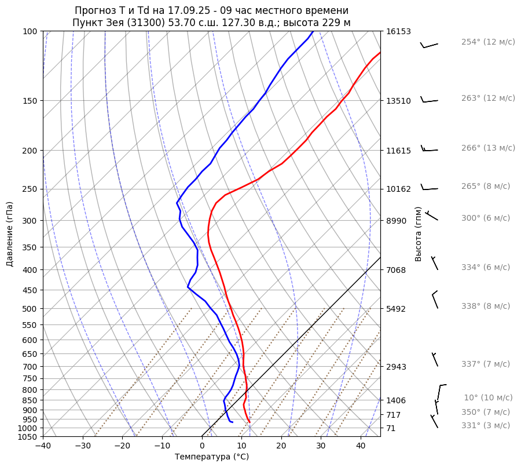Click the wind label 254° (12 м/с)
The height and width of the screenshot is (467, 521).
pos(488,42)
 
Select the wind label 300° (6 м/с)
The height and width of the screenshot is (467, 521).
pos(486,218)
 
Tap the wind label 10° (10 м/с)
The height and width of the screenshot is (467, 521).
pos(488,398)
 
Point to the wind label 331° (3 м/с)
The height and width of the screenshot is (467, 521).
pos(486,426)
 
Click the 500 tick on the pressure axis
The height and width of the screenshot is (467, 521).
pos(30,309)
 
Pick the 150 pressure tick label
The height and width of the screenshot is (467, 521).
pos(30,101)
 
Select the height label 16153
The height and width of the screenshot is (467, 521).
pos(398,32)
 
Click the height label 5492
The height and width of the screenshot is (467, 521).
pos(396,309)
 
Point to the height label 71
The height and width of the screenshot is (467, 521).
pos(391,428)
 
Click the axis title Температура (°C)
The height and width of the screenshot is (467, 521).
pos(212,457)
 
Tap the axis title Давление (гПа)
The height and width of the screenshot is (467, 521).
pos(10,234)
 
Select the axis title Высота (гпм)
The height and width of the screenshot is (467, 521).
pos(418,233)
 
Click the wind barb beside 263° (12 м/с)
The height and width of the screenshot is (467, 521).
pos(428,100)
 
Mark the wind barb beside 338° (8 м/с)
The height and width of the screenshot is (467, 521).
pos(435,300)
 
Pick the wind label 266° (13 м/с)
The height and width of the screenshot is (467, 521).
pos(488,148)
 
